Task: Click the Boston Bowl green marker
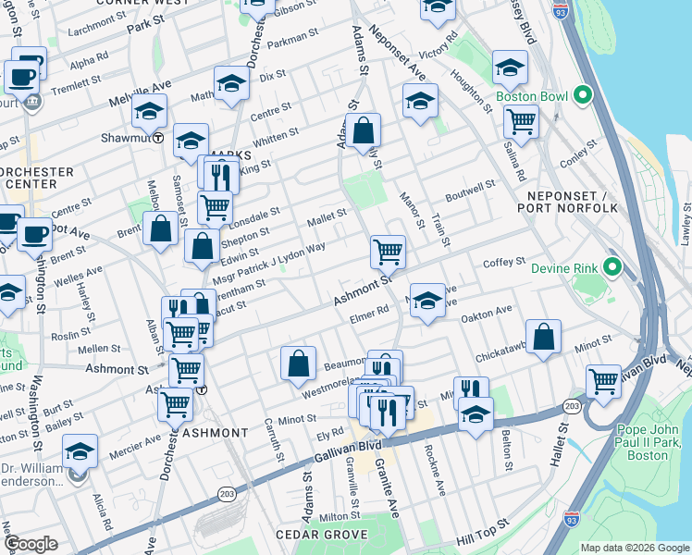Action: [x=583, y=95]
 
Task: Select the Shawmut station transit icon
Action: [x=158, y=139]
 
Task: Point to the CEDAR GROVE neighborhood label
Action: [x=322, y=535]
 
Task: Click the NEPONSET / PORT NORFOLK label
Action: [x=572, y=202]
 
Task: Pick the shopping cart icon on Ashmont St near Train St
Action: [x=388, y=251]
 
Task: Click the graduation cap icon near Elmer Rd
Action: [x=427, y=300]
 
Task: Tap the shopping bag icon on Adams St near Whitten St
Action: [x=365, y=130]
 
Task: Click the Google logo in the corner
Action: [x=31, y=544]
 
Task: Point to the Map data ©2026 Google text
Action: [x=634, y=547]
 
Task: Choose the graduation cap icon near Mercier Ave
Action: [x=80, y=452]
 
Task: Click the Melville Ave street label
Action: [x=141, y=85]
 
